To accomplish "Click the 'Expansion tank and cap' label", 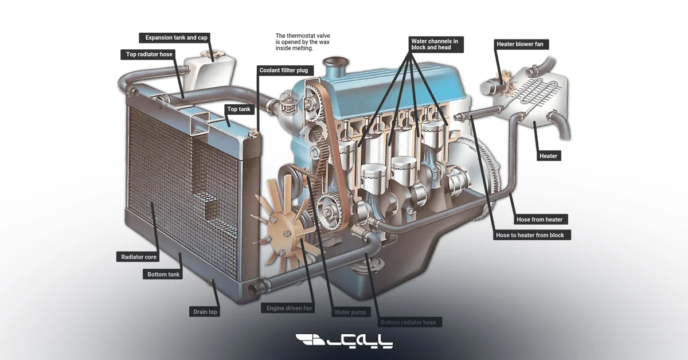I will click(x=176, y=38).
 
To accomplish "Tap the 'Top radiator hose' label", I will click(x=149, y=55).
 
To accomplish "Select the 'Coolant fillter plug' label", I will click(x=284, y=71).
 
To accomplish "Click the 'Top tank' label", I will click(x=239, y=109).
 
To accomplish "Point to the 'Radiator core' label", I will click(x=139, y=257).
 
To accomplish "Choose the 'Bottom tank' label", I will click(x=163, y=275).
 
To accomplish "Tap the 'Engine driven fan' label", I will click(x=290, y=308).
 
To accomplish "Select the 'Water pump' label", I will click(x=349, y=312).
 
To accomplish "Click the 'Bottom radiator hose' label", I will click(x=408, y=322).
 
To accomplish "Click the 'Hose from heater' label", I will click(x=539, y=220).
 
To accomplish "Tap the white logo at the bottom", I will click(x=344, y=342).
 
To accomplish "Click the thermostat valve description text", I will click(x=303, y=42).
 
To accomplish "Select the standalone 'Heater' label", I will click(x=548, y=156).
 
